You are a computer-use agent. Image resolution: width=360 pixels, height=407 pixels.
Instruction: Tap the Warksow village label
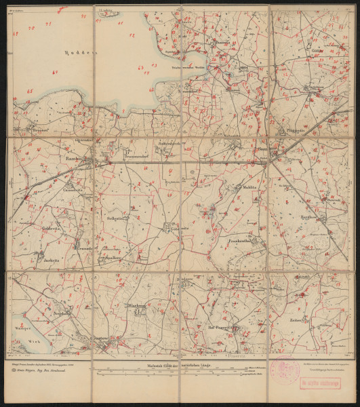coord(137,306)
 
